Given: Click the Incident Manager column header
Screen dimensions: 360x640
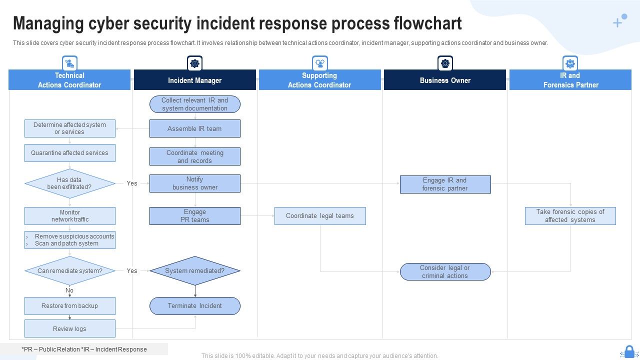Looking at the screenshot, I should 194,80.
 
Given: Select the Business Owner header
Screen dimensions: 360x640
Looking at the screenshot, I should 444,80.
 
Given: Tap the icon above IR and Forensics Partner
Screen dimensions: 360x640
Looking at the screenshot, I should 570,63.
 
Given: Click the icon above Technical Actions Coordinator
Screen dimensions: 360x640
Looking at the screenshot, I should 69,63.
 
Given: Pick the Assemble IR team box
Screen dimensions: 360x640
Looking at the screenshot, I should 194,128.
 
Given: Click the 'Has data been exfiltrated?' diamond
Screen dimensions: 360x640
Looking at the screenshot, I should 69,183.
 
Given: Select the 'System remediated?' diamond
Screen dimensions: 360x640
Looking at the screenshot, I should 194,271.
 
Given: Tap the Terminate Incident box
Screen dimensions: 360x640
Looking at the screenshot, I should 194,306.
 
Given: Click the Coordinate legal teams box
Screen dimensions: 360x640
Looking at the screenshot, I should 319,216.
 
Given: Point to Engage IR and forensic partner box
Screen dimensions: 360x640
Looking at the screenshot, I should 444,184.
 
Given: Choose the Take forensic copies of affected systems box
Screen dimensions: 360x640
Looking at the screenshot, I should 570,216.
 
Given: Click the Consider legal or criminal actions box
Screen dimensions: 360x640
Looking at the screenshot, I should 444,271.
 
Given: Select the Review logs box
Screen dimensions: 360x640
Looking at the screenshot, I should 69,328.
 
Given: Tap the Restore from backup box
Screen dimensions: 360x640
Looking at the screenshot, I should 69,306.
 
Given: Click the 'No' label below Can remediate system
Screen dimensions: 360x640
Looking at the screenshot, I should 69,290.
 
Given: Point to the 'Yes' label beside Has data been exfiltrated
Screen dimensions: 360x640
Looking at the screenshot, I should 132,183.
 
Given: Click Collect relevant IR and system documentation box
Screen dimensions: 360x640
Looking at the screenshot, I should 194,104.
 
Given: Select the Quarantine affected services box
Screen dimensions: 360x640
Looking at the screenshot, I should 69,153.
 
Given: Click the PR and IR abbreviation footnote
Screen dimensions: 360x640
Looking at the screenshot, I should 84,349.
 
